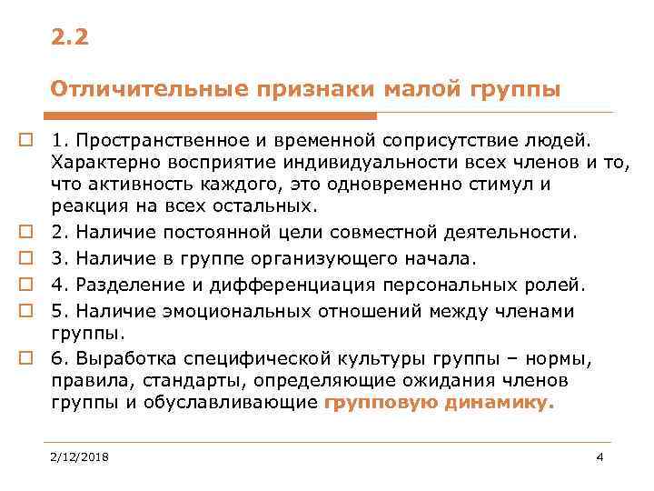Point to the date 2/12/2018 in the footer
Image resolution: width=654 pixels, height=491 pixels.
coord(80,457)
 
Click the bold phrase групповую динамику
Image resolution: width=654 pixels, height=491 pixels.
coord(438,402)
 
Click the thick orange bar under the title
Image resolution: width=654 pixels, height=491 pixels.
coord(213,115)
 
